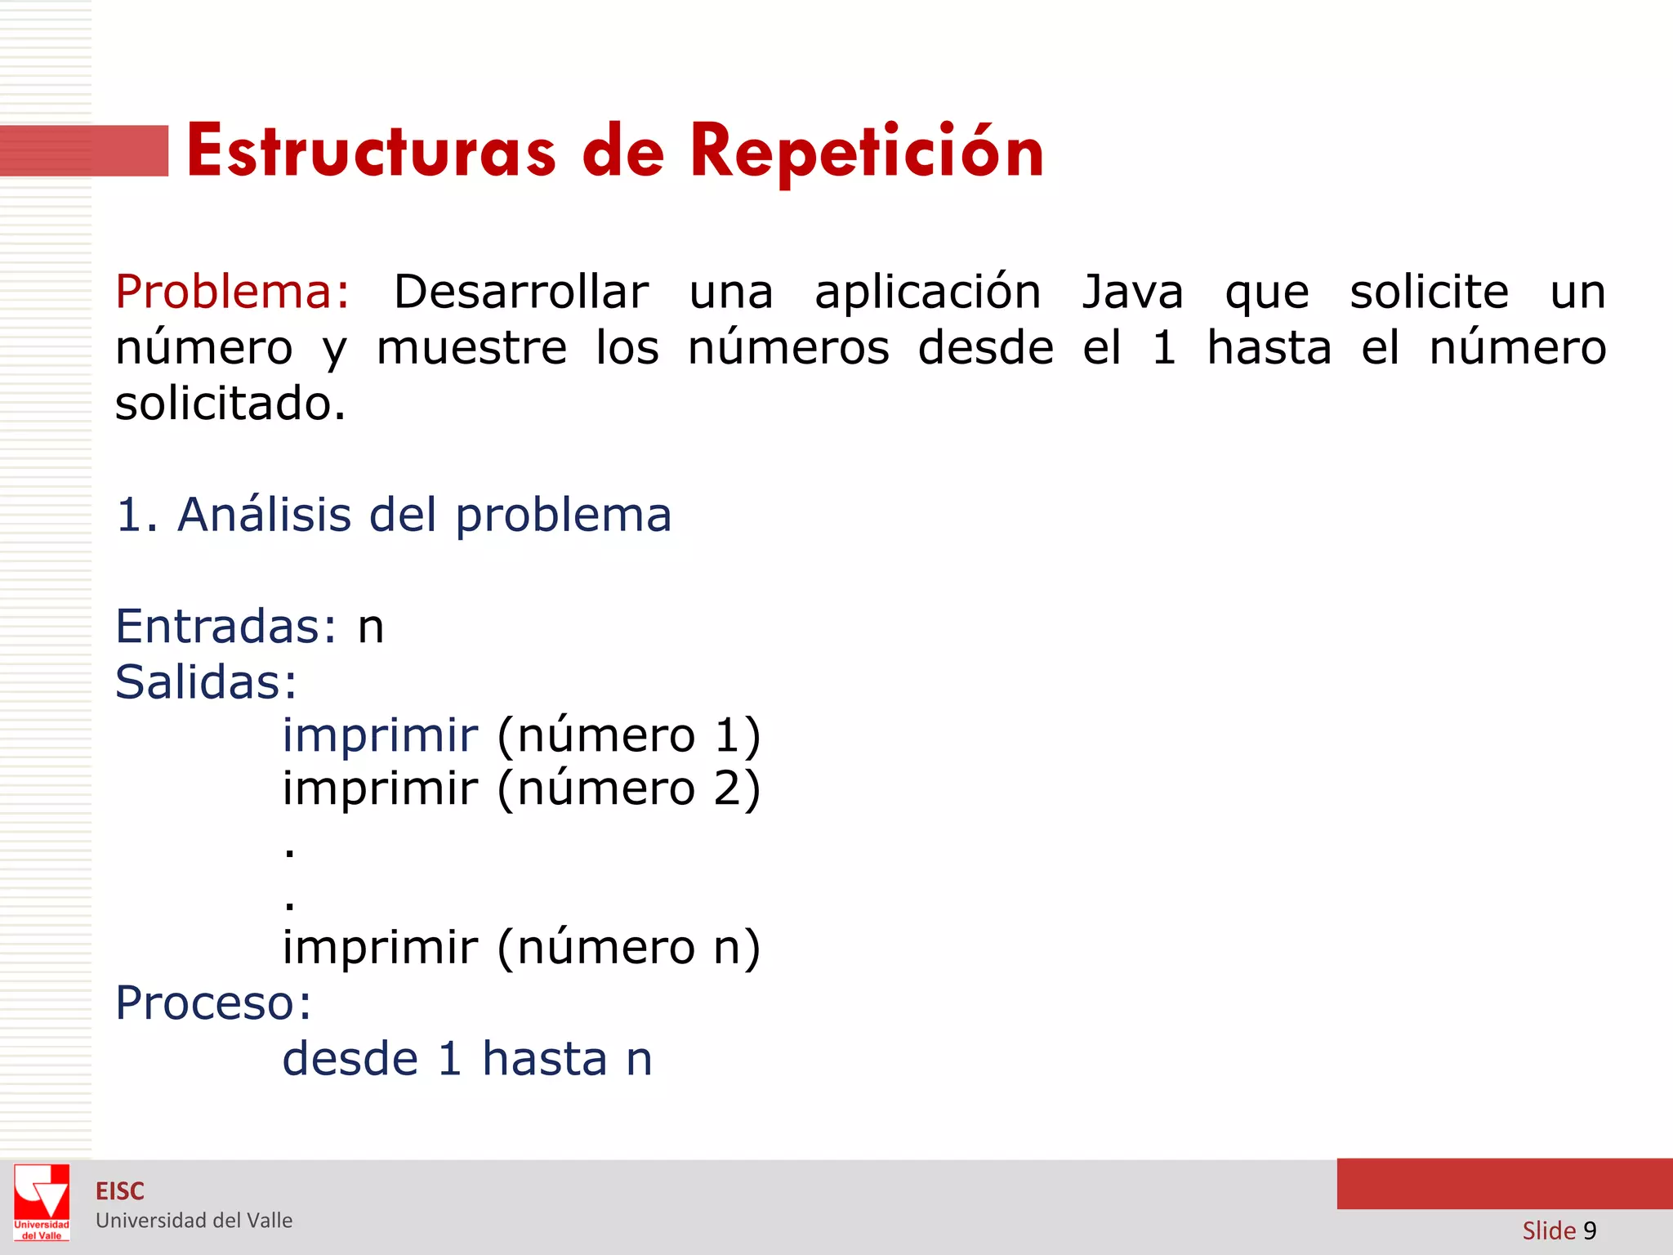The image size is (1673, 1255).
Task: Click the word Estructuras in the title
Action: [x=371, y=151]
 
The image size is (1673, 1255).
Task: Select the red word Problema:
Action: [x=233, y=292]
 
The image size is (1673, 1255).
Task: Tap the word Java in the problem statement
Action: [x=1132, y=292]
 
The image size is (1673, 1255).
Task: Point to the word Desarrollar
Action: [x=521, y=292]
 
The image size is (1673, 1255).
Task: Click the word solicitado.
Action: [x=230, y=404]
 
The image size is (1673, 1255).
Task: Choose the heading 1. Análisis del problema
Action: [x=394, y=515]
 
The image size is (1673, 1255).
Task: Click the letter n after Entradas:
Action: [x=371, y=627]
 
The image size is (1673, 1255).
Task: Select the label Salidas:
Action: [x=206, y=681]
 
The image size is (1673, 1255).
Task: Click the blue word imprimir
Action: [x=380, y=735]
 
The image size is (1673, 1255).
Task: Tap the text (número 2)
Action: [x=628, y=788]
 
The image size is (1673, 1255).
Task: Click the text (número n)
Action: [x=628, y=947]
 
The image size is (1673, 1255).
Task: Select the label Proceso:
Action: [x=213, y=1003]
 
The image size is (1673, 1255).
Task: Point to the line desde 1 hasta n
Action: [x=467, y=1059]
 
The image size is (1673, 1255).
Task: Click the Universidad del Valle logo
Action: [x=42, y=1203]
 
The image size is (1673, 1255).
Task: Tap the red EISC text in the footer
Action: [x=120, y=1191]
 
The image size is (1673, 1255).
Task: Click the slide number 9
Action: [x=1589, y=1230]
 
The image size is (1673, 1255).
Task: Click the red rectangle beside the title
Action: [x=84, y=150]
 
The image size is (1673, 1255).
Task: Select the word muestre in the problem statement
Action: [x=471, y=348]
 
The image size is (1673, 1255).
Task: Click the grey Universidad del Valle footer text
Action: [x=194, y=1221]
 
